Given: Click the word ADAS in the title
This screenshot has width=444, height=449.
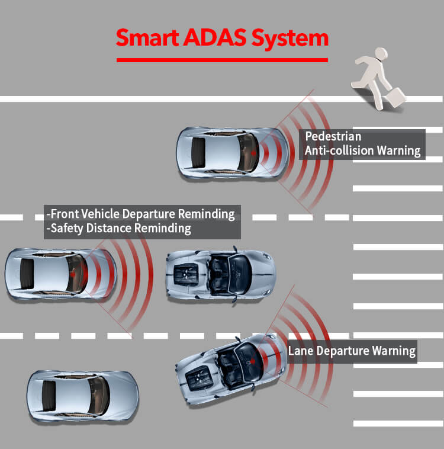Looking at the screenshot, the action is coord(215,37).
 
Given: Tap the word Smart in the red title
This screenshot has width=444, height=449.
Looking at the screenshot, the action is coord(148,37).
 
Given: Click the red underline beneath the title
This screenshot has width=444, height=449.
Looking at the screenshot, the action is coord(222,60).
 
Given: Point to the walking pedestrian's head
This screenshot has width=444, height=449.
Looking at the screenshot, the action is coord(381,53).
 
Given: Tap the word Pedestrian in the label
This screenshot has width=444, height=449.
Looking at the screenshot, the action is coord(333,136).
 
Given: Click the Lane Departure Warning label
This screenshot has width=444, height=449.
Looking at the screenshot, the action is coord(352,351).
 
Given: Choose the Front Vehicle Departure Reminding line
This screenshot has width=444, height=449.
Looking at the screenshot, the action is coord(140,214).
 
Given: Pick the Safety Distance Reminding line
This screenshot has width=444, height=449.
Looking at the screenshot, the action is coord(119,229).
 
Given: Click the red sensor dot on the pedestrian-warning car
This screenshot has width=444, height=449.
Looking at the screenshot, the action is coord(253,153).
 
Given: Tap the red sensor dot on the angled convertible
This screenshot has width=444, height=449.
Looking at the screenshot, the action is coord(253,362).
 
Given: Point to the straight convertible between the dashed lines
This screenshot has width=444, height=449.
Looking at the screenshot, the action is coord(221,275).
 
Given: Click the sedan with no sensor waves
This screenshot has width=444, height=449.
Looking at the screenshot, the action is coord(83,396).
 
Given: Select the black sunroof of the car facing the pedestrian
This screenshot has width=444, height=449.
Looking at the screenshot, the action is coord(198,153).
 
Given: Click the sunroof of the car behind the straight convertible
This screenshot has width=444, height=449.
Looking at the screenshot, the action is coord(27,274).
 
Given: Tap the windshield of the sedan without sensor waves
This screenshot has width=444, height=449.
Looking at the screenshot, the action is coord(99,396).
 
